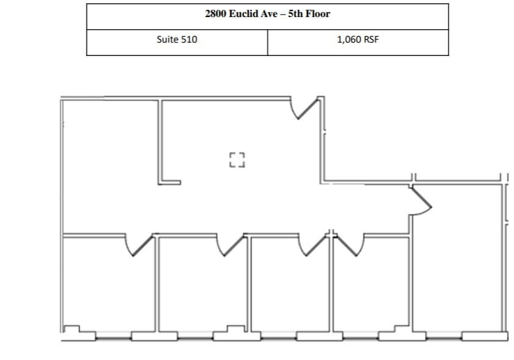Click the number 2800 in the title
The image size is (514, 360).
215,13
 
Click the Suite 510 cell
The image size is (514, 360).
177,40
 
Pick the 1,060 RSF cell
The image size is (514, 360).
357,40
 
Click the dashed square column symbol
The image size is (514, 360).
236,160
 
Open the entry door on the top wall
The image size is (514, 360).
306,108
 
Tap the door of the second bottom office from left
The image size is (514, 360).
228,245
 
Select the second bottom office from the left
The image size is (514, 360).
202,286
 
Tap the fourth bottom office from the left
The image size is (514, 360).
371,286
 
